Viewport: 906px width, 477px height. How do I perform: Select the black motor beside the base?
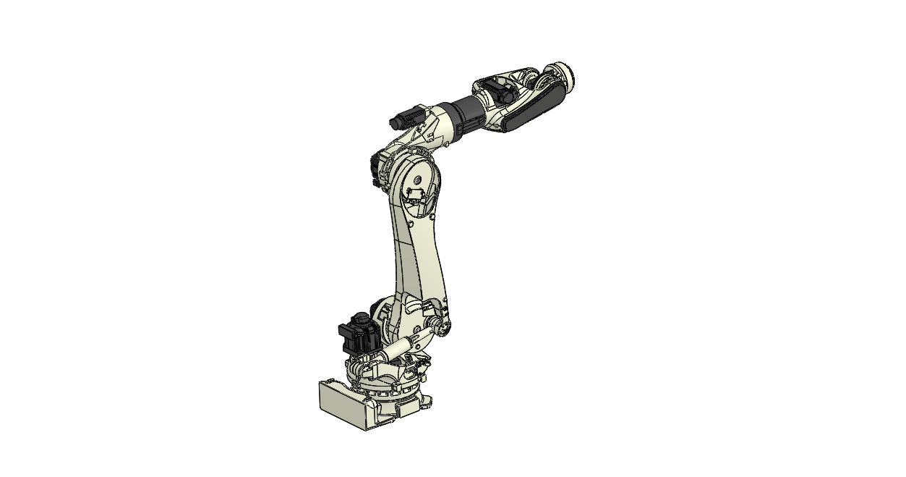pos(358,337)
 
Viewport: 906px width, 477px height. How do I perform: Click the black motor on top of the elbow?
pos(409,117)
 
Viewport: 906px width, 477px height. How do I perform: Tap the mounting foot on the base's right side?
pos(427,400)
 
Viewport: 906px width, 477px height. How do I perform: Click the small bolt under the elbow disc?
pos(431,215)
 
